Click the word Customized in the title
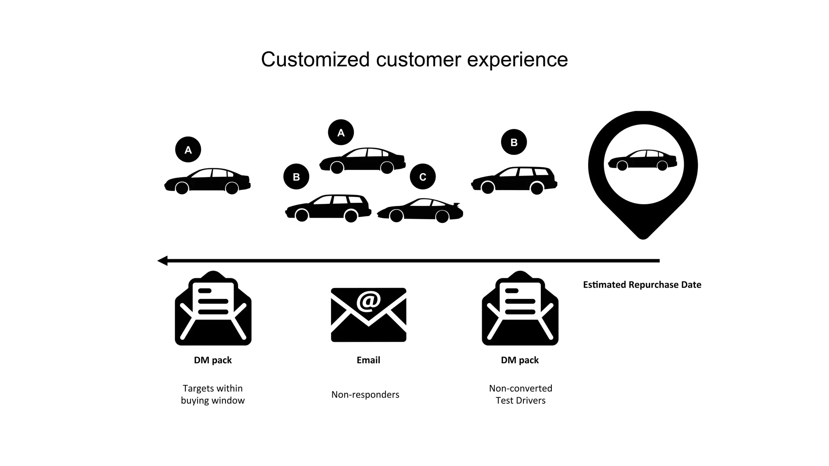click(x=315, y=60)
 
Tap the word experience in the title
click(x=517, y=60)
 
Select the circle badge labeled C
click(x=423, y=177)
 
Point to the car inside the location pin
click(x=642, y=160)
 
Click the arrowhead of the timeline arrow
click(x=162, y=261)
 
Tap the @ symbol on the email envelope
click(x=368, y=301)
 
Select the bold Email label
click(x=368, y=360)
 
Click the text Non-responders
click(x=365, y=394)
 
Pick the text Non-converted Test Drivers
click(x=521, y=394)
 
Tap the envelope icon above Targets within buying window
click(x=213, y=309)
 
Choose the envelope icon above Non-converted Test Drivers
click(x=520, y=309)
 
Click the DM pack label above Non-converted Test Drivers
click(x=520, y=360)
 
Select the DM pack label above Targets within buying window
click(x=213, y=360)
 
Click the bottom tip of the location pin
click(x=643, y=237)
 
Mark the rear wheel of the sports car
click(x=442, y=216)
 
